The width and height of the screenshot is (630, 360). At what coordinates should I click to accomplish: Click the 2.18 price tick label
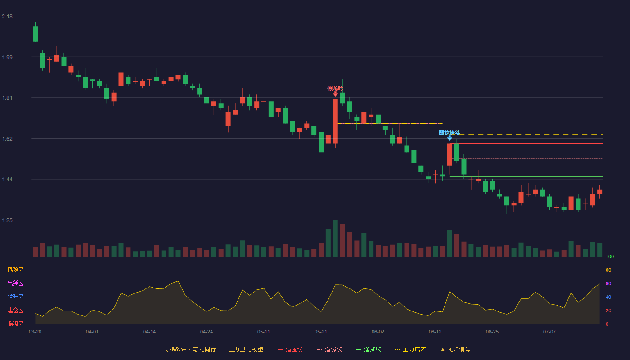7,17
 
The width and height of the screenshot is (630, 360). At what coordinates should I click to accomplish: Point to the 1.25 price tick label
7,220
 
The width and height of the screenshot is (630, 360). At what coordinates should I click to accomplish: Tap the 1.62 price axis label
7,139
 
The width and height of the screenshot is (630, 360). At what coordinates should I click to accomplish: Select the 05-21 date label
320,332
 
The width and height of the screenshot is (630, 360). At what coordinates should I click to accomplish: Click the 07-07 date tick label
549,332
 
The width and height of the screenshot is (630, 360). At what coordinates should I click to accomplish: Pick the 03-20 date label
35,332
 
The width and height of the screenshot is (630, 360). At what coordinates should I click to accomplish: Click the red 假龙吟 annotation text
335,89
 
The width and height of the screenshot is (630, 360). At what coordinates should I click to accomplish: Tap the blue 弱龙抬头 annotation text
450,133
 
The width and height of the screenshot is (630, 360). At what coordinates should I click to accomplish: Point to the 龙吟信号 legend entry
455,349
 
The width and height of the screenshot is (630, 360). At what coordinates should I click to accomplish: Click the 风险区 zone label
15,270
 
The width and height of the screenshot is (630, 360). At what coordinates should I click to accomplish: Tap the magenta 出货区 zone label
15,283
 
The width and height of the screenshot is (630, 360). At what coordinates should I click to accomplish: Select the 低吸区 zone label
15,324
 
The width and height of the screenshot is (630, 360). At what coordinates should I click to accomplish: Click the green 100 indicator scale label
610,256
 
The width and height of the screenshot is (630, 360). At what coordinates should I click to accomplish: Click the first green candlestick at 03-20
35,34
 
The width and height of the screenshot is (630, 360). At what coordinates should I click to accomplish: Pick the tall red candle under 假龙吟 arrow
335,121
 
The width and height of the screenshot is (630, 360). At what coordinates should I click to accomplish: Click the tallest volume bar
335,238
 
